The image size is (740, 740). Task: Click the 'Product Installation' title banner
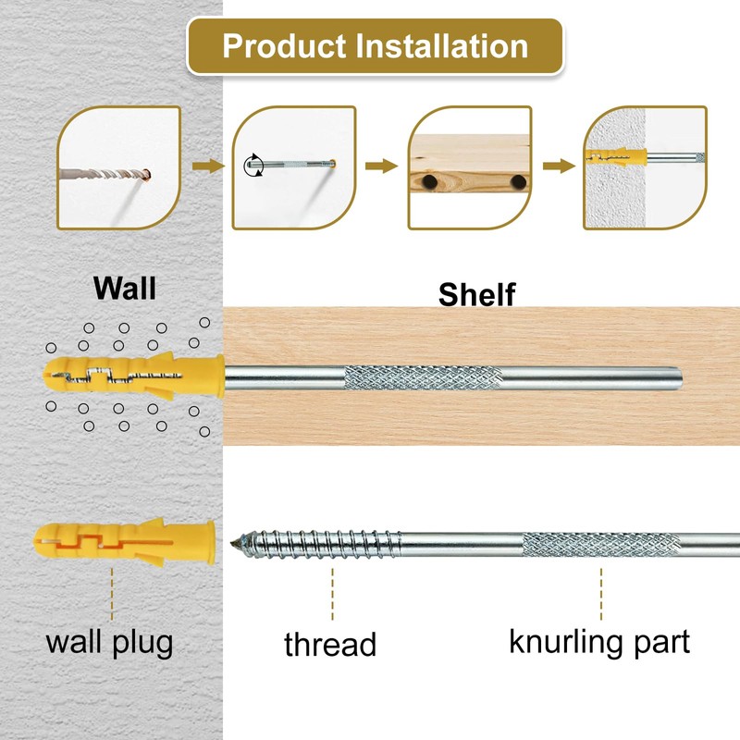pyautogui.click(x=375, y=46)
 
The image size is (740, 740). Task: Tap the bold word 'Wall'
pyautogui.click(x=125, y=288)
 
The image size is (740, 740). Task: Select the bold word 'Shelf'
pyautogui.click(x=476, y=294)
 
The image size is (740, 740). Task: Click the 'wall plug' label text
pyautogui.click(x=109, y=643)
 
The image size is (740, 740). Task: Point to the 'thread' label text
pyautogui.click(x=330, y=644)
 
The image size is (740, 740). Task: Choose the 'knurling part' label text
pyautogui.click(x=599, y=643)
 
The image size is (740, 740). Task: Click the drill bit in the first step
pyautogui.click(x=103, y=174)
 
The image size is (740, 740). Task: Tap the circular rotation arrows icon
pyautogui.click(x=253, y=166)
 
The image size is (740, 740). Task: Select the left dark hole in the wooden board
pyautogui.click(x=429, y=181)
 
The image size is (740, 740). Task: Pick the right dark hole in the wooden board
pyautogui.click(x=518, y=181)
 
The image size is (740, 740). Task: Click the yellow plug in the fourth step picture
pyautogui.click(x=616, y=156)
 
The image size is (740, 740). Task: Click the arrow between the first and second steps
pyautogui.click(x=208, y=166)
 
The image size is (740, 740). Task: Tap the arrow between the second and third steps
pyautogui.click(x=381, y=166)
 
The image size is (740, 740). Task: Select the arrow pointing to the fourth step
pyautogui.click(x=559, y=166)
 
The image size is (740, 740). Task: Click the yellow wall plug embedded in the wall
pyautogui.click(x=134, y=376)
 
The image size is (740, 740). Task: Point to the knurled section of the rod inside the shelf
pyautogui.click(x=423, y=377)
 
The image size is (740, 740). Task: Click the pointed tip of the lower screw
pyautogui.click(x=232, y=543)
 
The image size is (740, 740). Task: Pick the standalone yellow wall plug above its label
pyautogui.click(x=125, y=542)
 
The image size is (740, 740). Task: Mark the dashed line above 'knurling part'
pyautogui.click(x=600, y=594)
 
